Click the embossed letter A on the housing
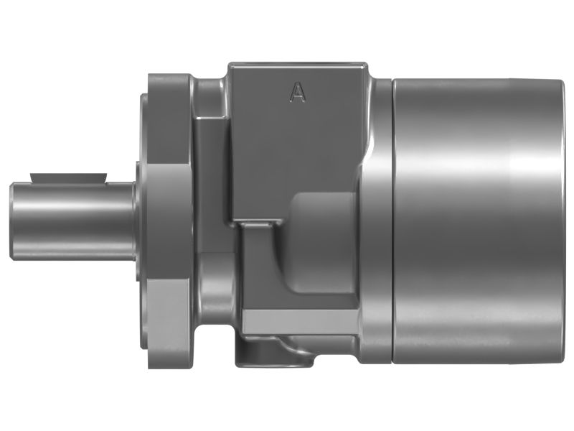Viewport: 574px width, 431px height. [297, 91]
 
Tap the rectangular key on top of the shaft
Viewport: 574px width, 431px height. [67, 177]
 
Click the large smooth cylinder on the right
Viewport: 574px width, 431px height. [474, 215]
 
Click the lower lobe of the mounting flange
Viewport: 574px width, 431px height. [169, 323]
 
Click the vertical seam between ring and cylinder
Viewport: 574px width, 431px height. [394, 215]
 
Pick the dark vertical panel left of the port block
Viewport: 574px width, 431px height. [212, 187]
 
